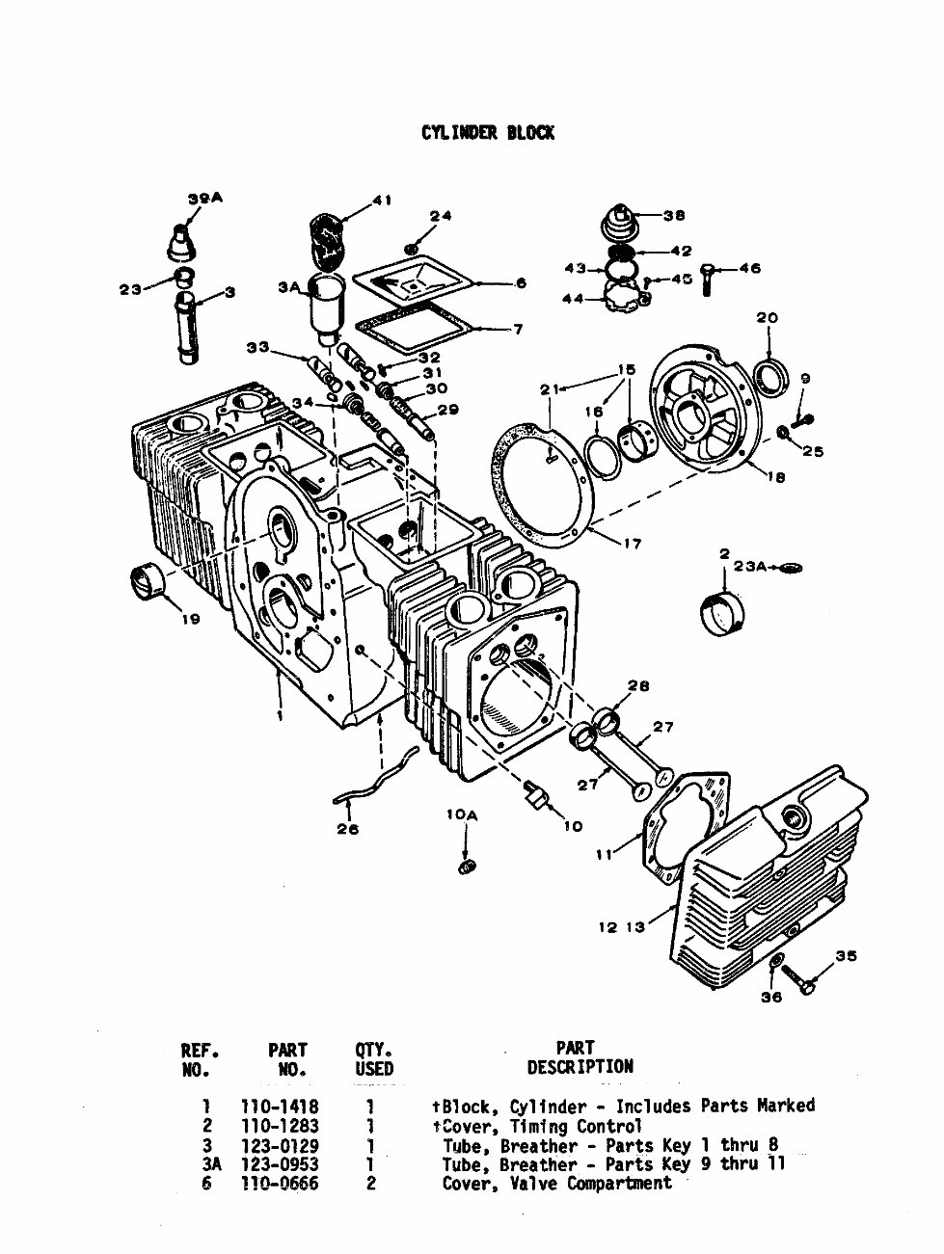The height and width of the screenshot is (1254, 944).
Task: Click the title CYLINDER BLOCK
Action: [487, 133]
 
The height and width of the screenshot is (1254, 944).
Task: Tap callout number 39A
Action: [203, 199]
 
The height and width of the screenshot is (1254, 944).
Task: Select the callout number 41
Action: [383, 200]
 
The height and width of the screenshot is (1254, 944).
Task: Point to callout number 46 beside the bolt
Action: [750, 268]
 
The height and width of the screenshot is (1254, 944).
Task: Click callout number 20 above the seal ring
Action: [767, 318]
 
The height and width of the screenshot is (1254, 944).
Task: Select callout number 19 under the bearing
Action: [191, 619]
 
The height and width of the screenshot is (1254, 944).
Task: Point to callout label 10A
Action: [462, 815]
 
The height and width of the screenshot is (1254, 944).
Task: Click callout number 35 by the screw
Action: [845, 956]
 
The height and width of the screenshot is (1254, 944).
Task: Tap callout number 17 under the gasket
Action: [632, 544]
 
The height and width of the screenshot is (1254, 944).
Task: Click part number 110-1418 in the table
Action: [279, 1107]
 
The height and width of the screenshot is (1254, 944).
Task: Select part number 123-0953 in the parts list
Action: [279, 1164]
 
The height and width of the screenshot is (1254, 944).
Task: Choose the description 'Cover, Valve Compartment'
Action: [556, 1184]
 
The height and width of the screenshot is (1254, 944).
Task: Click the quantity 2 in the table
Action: [370, 1184]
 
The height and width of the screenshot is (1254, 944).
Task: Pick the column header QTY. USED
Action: [373, 1057]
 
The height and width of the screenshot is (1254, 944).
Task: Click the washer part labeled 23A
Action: [791, 568]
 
